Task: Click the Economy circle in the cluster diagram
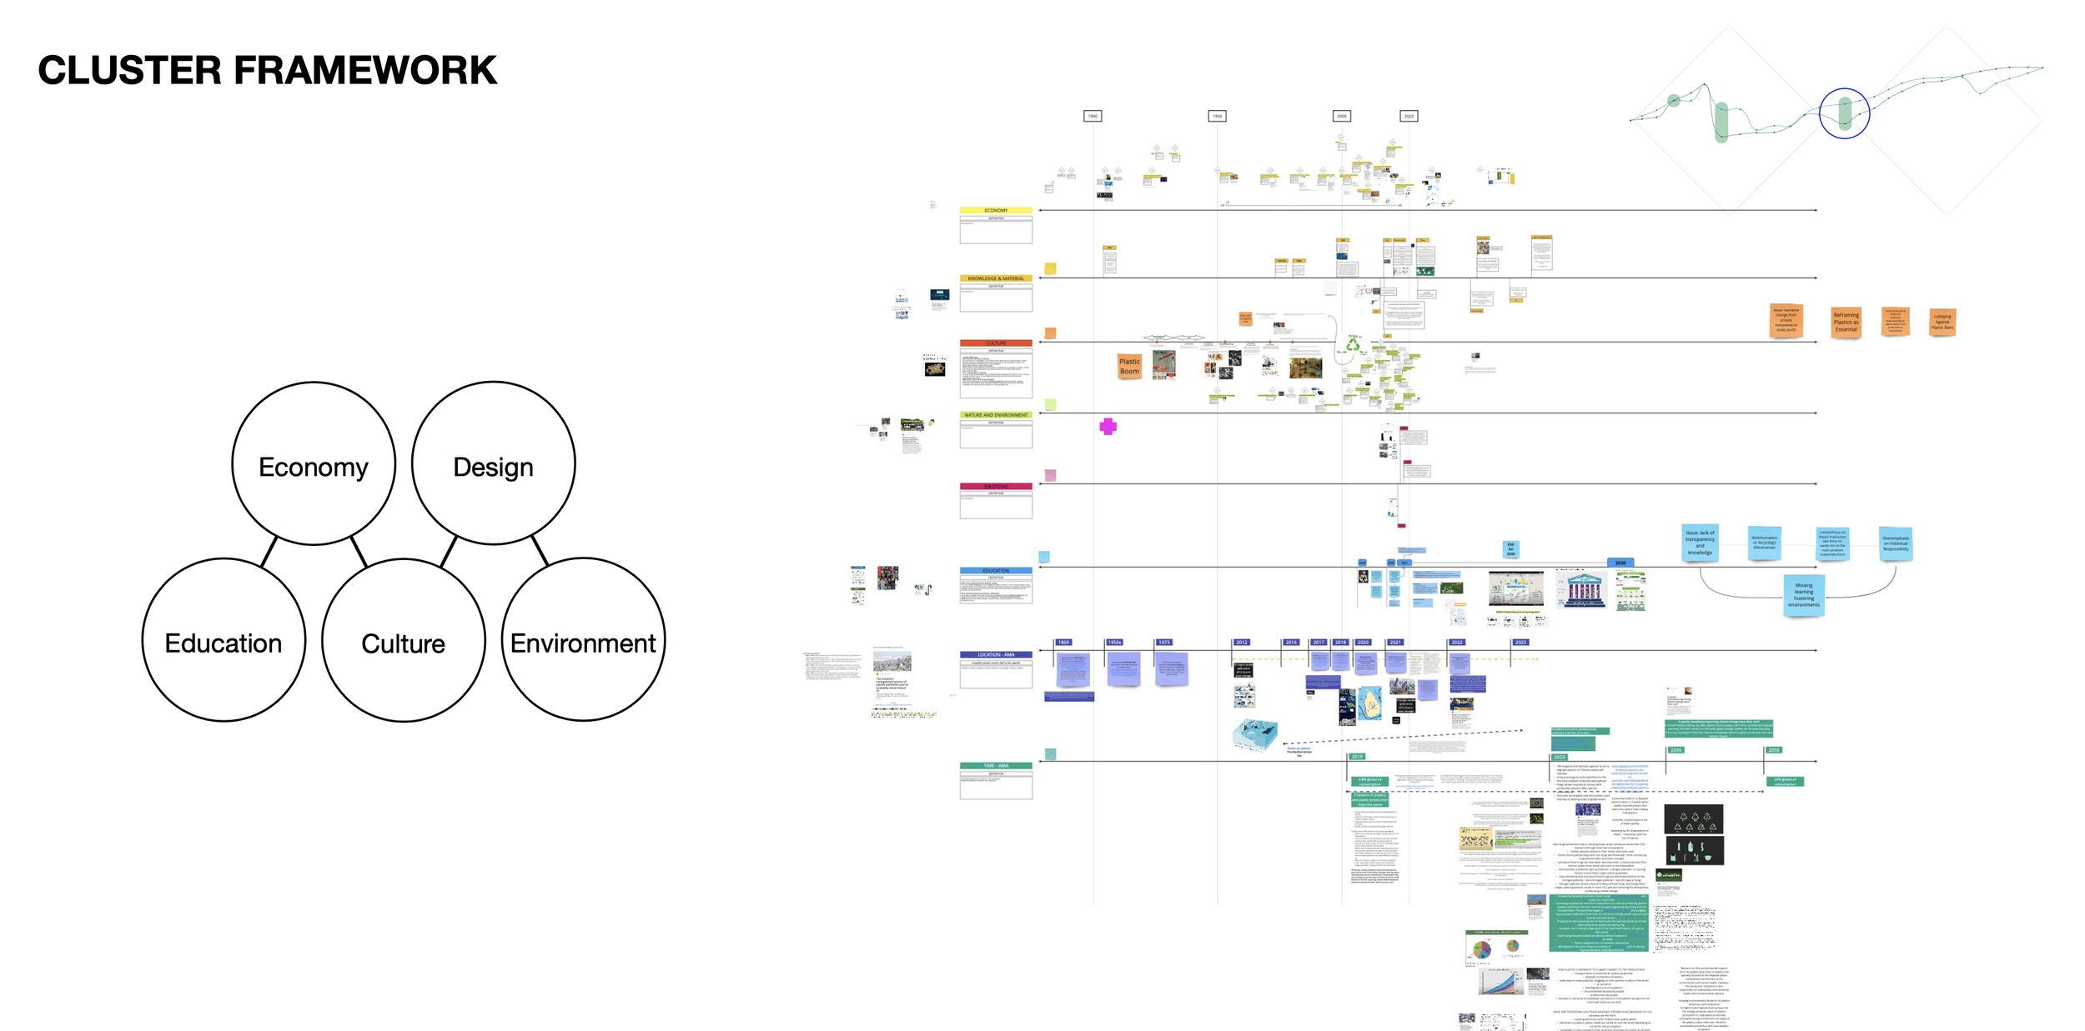click(313, 463)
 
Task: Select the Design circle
click(493, 463)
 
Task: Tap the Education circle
click(224, 640)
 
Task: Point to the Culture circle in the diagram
click(403, 640)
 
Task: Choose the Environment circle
click(583, 640)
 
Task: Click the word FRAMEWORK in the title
click(364, 70)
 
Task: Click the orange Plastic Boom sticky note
click(1129, 366)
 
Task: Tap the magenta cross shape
click(1108, 427)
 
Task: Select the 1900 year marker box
click(1093, 116)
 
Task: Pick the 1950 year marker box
click(1217, 116)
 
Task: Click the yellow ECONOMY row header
click(996, 210)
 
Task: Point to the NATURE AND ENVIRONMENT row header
click(996, 414)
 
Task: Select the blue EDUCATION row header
click(996, 571)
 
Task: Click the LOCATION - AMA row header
click(996, 654)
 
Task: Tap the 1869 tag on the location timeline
click(1063, 643)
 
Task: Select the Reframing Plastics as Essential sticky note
click(1846, 322)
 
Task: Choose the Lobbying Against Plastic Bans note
click(1942, 321)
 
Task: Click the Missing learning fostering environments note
click(1803, 595)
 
